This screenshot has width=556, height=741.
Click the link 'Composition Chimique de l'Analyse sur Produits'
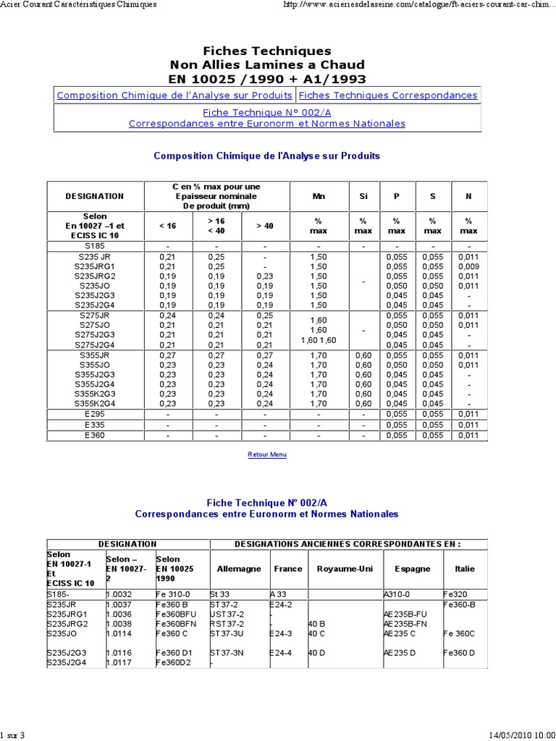[174, 96]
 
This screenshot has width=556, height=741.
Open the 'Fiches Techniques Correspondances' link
[388, 96]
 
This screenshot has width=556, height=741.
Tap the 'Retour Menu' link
[267, 454]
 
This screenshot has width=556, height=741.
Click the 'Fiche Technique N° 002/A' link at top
[267, 113]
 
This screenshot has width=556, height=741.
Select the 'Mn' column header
[319, 195]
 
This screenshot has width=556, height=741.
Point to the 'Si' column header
[363, 195]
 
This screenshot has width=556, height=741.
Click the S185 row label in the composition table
[95, 246]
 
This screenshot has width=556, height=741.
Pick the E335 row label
[95, 424]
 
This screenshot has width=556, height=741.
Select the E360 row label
[95, 435]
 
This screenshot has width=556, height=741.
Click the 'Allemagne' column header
[239, 569]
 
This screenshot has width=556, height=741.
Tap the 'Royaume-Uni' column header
[345, 569]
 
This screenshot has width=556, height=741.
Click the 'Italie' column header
[465, 569]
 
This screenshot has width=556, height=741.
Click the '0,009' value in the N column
[468, 266]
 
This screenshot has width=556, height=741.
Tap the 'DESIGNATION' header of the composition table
[95, 195]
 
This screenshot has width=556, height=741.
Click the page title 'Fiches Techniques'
[267, 51]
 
